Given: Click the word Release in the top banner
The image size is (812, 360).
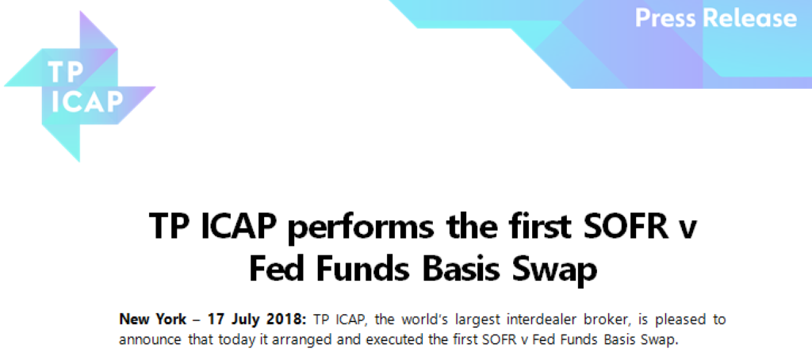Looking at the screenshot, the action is click(749, 17).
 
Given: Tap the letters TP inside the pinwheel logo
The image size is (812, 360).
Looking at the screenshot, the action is click(66, 71).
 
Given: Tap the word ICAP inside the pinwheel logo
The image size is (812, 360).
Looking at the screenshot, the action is click(86, 101).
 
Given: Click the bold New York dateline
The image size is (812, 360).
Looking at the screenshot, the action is click(153, 319).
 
